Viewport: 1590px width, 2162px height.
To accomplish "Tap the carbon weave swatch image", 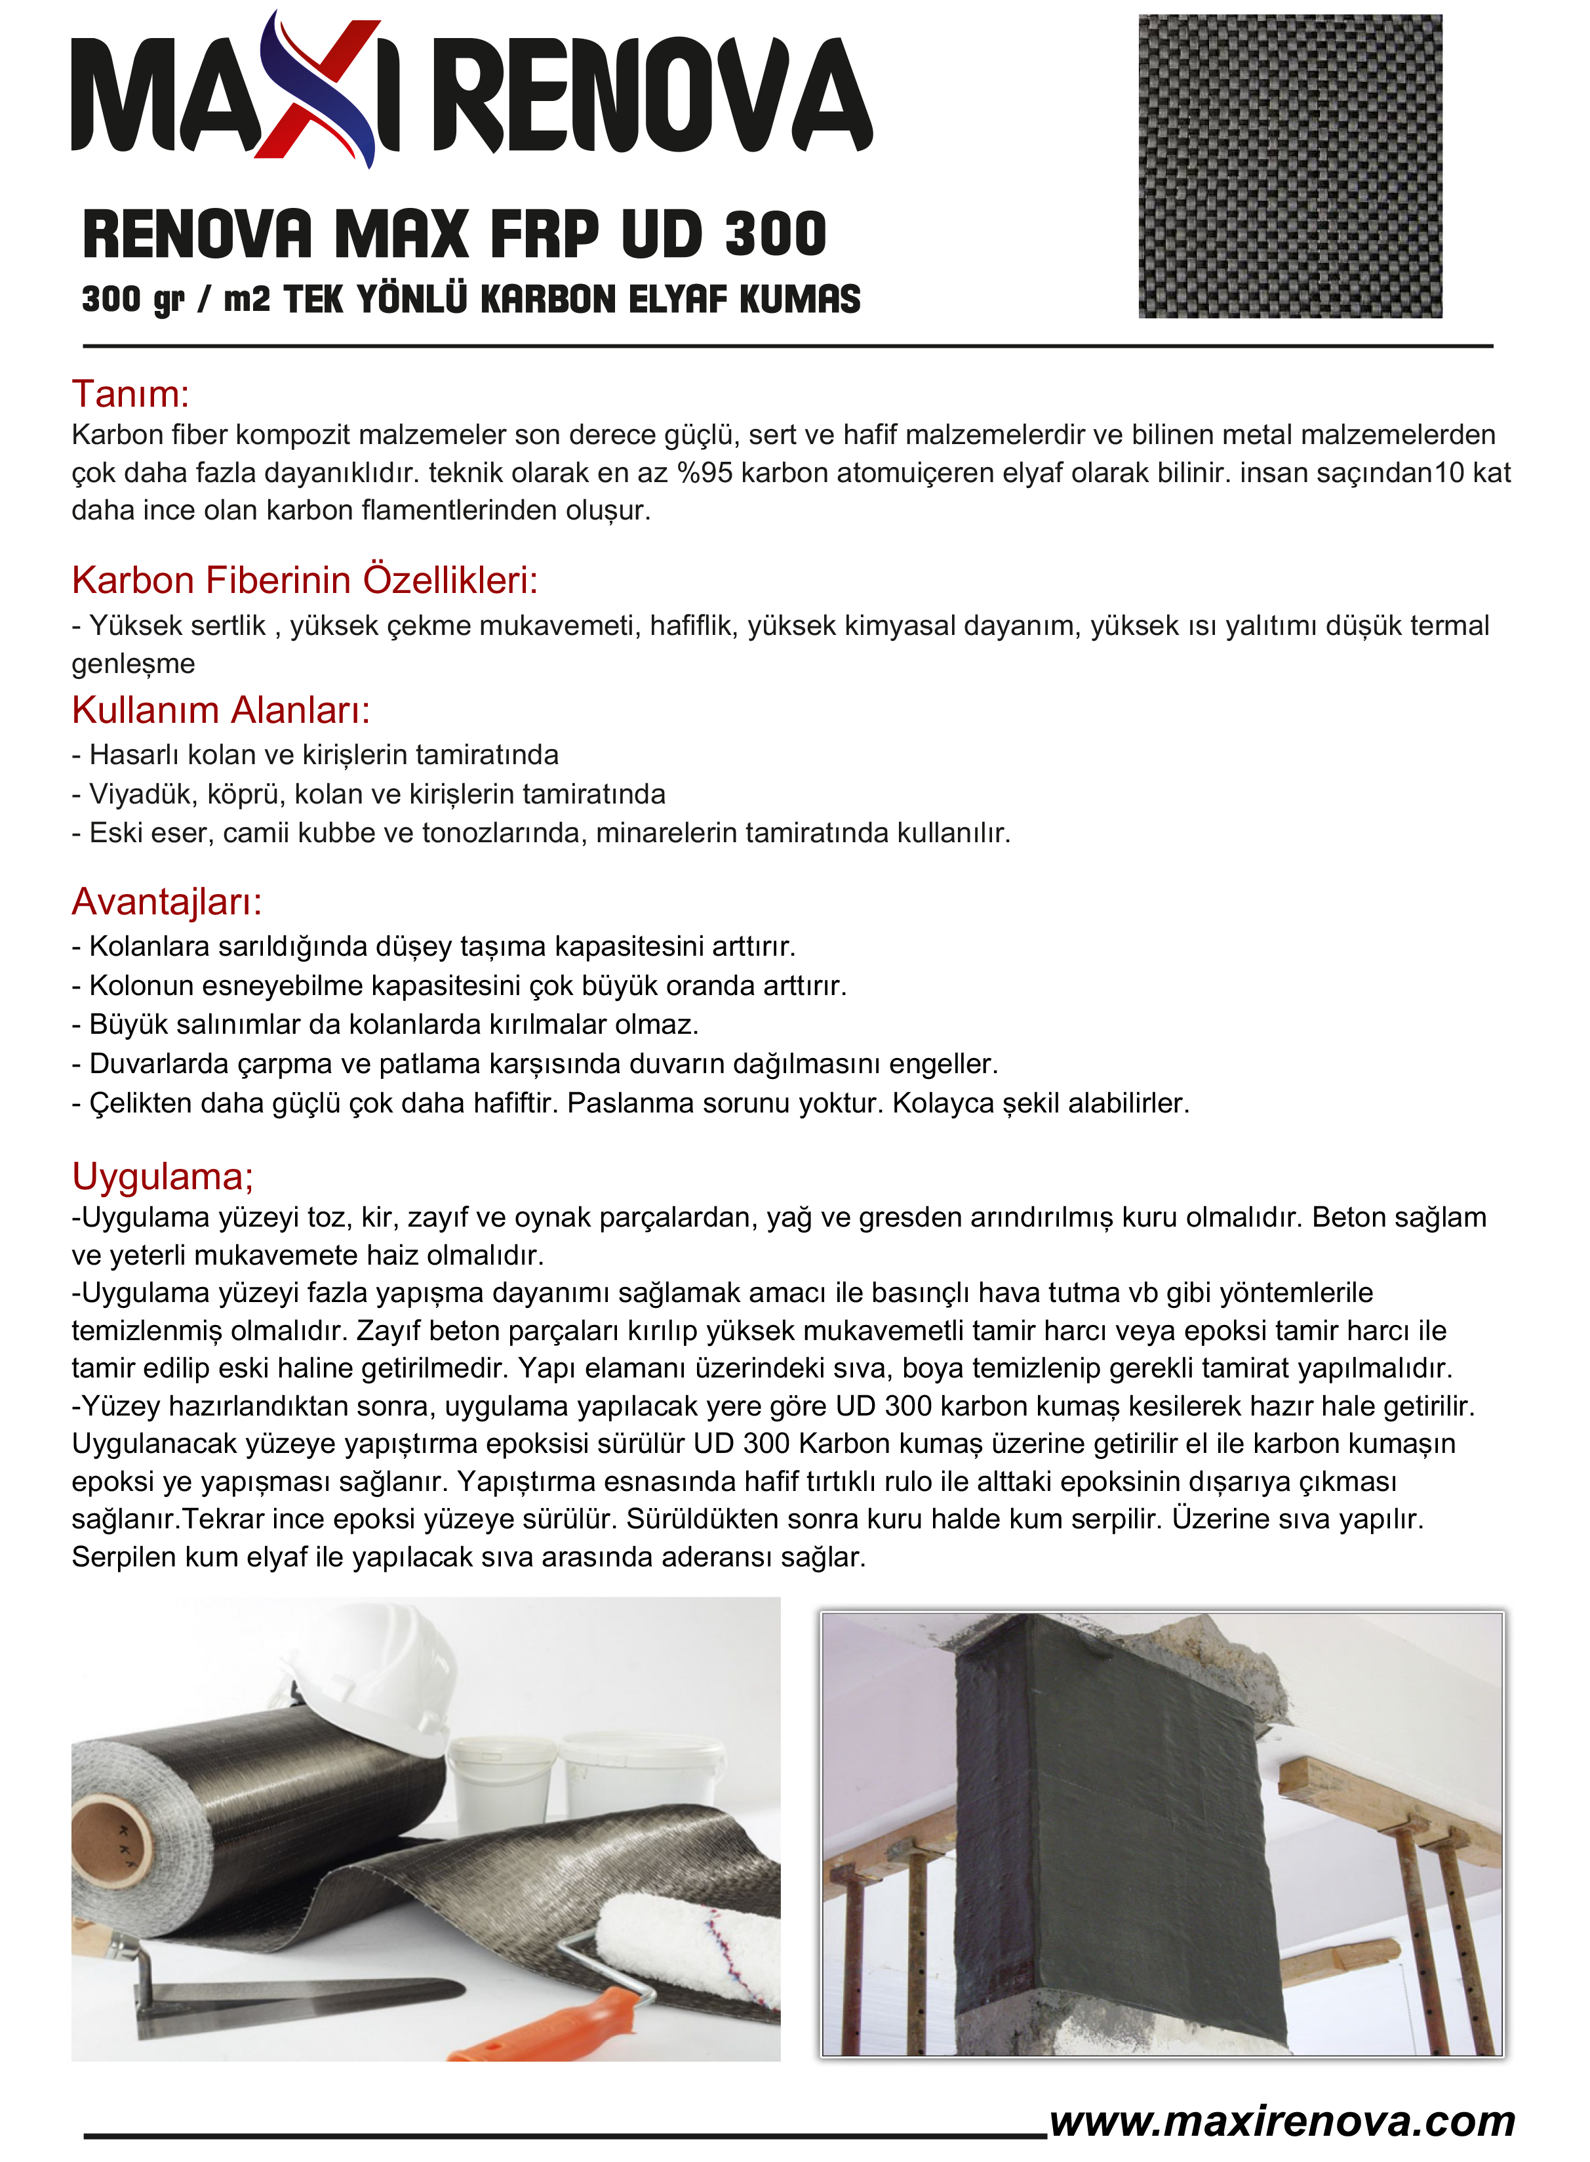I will click(1290, 165).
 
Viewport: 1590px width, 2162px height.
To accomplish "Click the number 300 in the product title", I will click(775, 235).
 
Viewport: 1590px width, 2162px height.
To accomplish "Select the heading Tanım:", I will click(130, 394).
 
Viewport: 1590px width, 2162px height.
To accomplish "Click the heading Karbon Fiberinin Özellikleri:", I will click(304, 581).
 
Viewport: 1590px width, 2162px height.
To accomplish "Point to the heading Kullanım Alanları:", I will click(220, 710).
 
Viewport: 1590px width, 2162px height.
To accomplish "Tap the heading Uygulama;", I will click(162, 1176).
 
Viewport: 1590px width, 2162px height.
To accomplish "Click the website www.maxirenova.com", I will click(1282, 2121).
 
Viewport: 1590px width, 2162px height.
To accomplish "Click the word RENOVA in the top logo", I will click(654, 96).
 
